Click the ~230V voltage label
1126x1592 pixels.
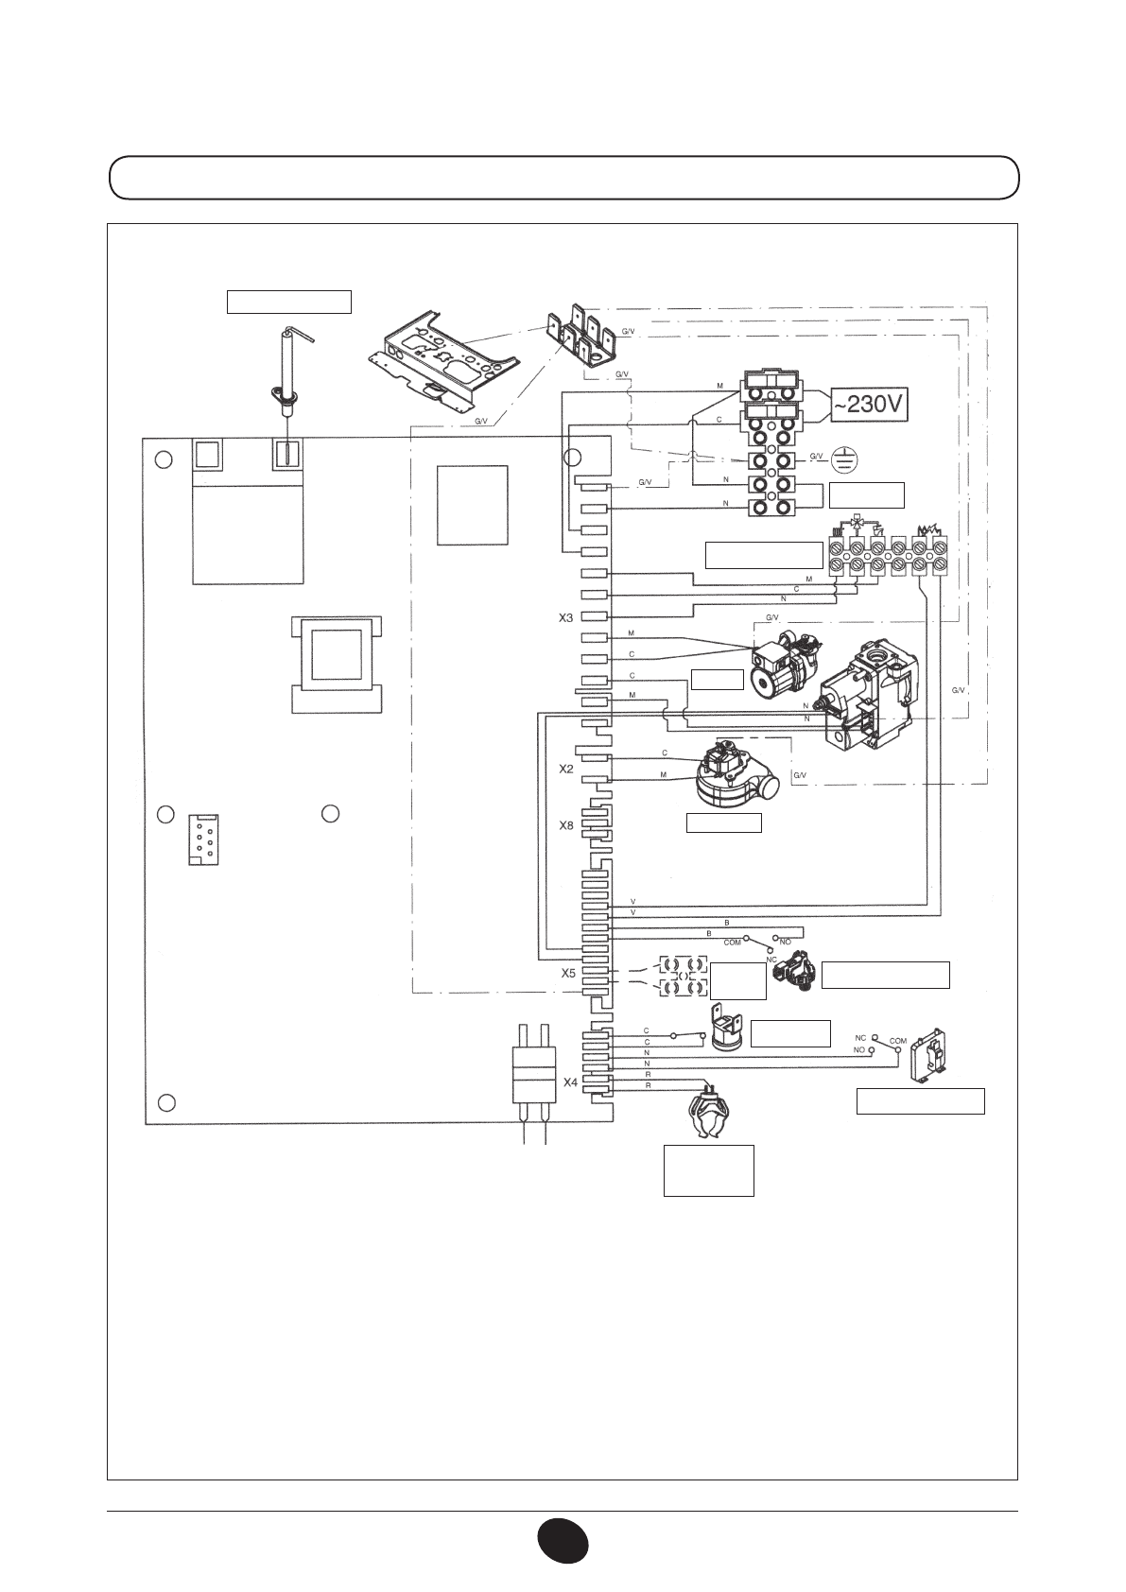point(869,406)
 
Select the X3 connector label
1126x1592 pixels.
point(565,617)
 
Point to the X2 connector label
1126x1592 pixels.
point(565,769)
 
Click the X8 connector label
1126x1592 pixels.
point(565,825)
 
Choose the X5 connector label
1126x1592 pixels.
point(569,972)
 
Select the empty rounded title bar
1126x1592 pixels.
point(564,177)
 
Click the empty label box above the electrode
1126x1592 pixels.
point(288,302)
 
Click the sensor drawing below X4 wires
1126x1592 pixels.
point(708,1115)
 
